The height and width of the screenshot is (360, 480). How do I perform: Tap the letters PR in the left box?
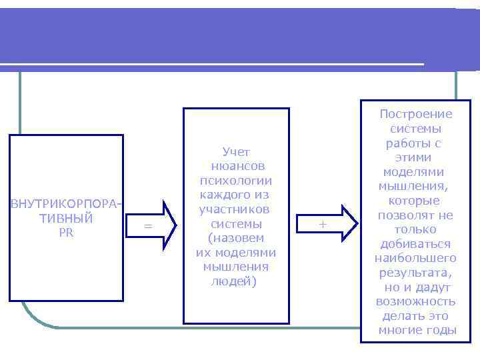click(66, 233)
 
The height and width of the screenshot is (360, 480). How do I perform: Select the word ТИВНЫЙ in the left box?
click(66, 218)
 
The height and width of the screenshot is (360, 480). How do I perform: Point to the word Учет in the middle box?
click(236, 152)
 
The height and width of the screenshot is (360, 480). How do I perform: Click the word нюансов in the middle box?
click(236, 166)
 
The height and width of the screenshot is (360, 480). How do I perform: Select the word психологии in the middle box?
click(236, 181)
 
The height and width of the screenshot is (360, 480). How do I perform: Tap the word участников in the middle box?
click(236, 209)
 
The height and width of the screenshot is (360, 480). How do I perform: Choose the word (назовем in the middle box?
click(236, 238)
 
